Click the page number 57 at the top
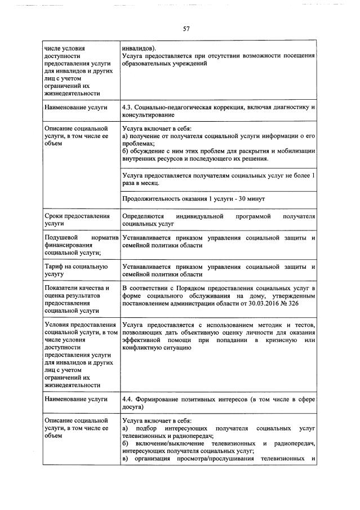coord(186,29)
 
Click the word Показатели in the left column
coord(63,288)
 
